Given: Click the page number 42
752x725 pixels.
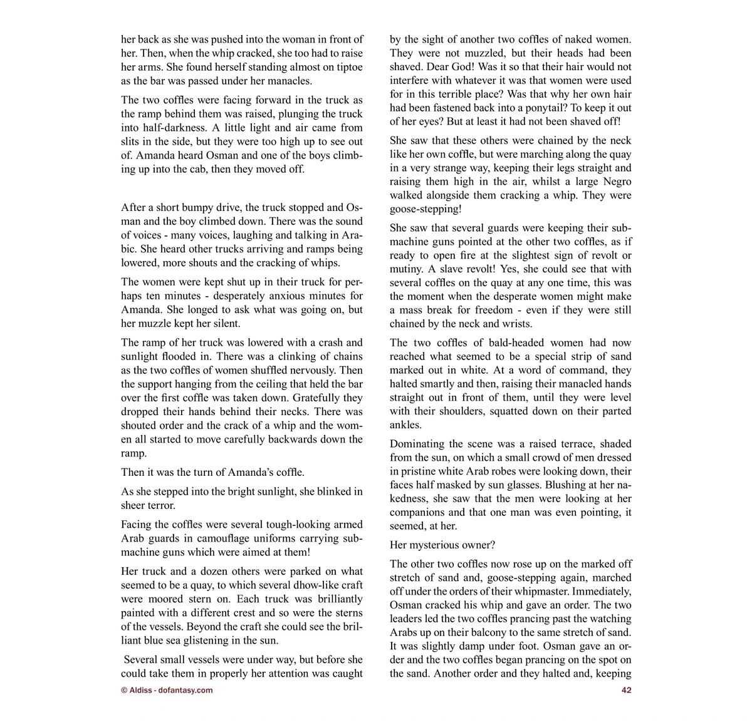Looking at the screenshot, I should (x=626, y=690).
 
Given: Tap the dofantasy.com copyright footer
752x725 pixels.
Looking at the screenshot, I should (x=167, y=690).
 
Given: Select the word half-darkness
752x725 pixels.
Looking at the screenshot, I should (x=150, y=128).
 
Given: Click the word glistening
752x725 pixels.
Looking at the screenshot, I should (x=217, y=640).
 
